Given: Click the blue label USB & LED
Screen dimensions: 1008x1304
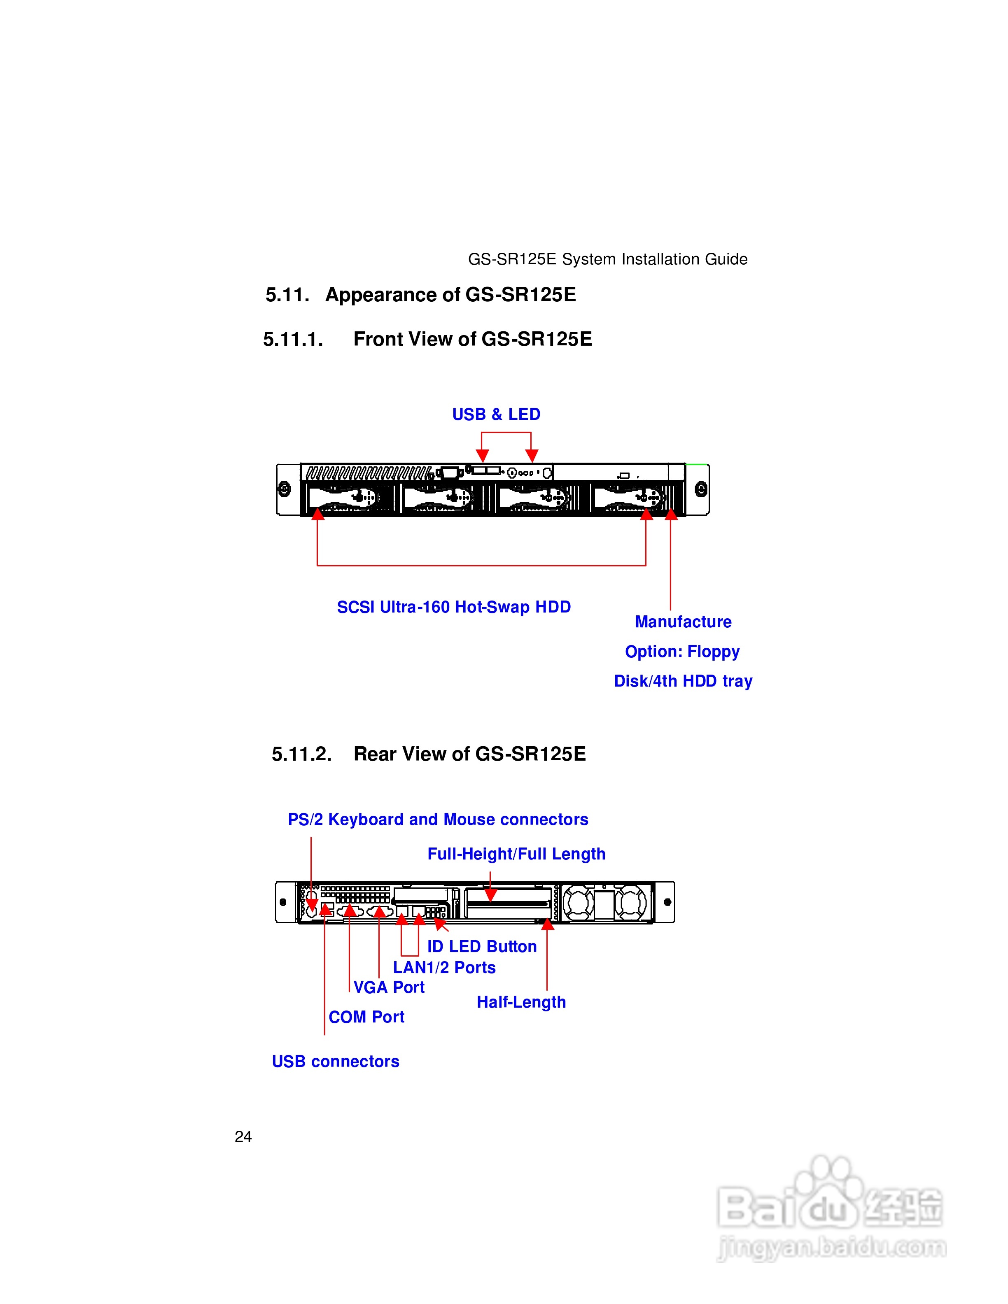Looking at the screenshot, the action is (496, 414).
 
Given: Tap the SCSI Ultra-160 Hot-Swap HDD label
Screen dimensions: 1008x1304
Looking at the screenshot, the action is (454, 607).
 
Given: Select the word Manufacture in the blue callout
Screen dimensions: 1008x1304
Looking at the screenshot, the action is (683, 622).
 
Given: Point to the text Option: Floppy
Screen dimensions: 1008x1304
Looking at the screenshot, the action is (682, 652).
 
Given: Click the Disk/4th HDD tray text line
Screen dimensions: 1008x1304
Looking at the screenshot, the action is (683, 681).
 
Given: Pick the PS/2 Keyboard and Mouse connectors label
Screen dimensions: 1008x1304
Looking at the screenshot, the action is (438, 820).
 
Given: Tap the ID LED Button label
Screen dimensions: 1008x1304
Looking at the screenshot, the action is (481, 947).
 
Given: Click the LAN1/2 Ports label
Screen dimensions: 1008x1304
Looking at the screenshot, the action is (444, 968).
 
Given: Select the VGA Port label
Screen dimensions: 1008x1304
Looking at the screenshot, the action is (389, 987).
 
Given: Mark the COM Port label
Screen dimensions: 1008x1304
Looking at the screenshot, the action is (366, 1018).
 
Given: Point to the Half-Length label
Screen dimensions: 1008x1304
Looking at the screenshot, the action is (521, 1002).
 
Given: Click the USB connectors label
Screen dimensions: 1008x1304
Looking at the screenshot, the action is (335, 1062).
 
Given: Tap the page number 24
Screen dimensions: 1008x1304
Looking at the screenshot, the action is (243, 1137).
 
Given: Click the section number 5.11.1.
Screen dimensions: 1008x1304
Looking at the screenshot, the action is (293, 340).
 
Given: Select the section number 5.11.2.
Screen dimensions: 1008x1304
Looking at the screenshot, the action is (301, 754).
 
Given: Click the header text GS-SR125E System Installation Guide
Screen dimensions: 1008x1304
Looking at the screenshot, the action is (607, 259).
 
